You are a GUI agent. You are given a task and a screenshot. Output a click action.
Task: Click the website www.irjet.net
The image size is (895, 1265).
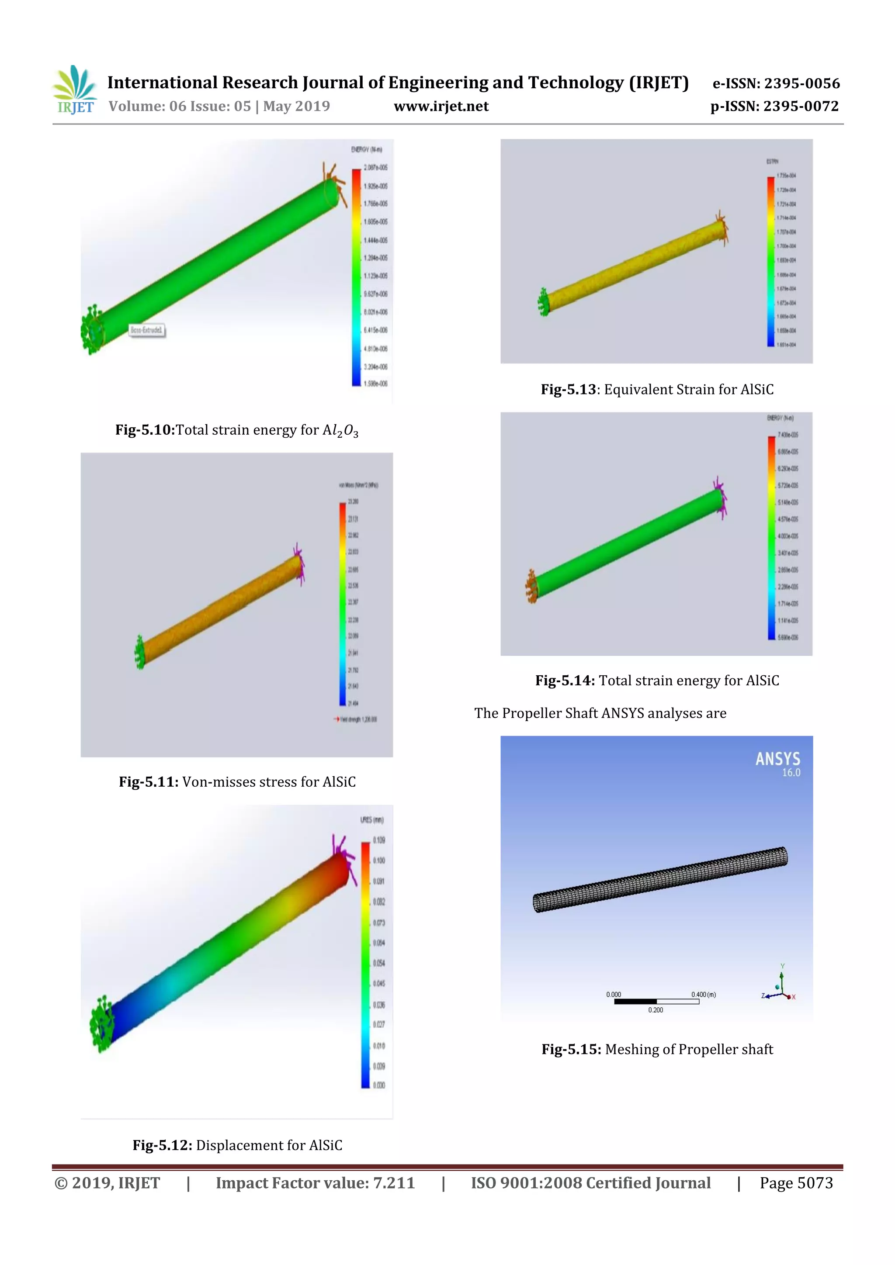[441, 106]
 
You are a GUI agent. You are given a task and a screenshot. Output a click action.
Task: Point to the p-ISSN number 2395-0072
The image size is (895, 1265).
[801, 106]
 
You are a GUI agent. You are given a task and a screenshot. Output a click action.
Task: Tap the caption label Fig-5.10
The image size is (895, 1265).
[144, 430]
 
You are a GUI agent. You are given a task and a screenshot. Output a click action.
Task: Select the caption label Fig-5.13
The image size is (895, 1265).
[568, 390]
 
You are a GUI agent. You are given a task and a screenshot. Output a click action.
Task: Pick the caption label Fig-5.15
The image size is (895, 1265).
[571, 1049]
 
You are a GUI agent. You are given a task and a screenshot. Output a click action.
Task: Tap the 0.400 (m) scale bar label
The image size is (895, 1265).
[704, 995]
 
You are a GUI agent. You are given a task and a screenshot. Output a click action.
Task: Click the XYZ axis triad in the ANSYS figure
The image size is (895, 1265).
[780, 989]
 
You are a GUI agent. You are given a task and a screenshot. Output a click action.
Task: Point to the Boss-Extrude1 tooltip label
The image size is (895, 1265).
[146, 330]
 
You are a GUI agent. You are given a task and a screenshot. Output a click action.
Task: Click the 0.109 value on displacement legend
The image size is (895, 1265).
[379, 840]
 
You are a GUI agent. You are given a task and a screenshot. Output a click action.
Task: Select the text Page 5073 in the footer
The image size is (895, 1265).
[796, 1183]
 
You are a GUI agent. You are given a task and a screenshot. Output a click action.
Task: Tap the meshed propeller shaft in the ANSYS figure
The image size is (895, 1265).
[660, 879]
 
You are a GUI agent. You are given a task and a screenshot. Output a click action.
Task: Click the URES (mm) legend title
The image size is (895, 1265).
[372, 820]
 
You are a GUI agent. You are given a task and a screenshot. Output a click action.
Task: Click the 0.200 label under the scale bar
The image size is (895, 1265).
[655, 1010]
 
